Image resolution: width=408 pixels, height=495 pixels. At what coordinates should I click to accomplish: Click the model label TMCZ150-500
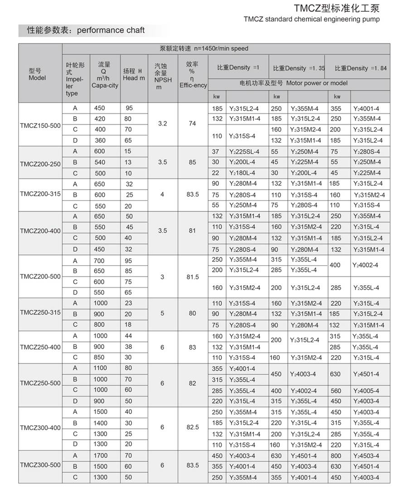point(40,125)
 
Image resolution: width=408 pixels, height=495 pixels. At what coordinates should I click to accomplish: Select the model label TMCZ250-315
point(40,314)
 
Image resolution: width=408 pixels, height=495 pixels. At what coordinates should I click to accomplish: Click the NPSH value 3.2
point(163,123)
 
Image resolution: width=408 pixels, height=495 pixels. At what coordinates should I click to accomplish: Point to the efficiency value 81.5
point(193,277)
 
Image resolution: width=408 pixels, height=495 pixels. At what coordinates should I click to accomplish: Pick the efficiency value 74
point(193,123)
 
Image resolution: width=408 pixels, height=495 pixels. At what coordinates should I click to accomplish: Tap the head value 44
point(129,336)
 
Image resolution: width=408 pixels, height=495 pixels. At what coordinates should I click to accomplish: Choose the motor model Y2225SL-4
point(244,152)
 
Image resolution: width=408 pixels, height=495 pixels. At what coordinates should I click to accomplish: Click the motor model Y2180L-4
point(243,173)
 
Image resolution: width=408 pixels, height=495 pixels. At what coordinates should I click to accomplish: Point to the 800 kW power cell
point(336,456)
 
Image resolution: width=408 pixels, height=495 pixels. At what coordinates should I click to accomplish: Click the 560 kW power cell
point(336,391)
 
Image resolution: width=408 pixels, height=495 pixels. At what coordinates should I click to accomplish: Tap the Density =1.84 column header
point(361,68)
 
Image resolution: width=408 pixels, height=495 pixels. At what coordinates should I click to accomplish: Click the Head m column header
point(134,75)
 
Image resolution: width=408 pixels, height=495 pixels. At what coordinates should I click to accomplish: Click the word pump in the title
point(370,19)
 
